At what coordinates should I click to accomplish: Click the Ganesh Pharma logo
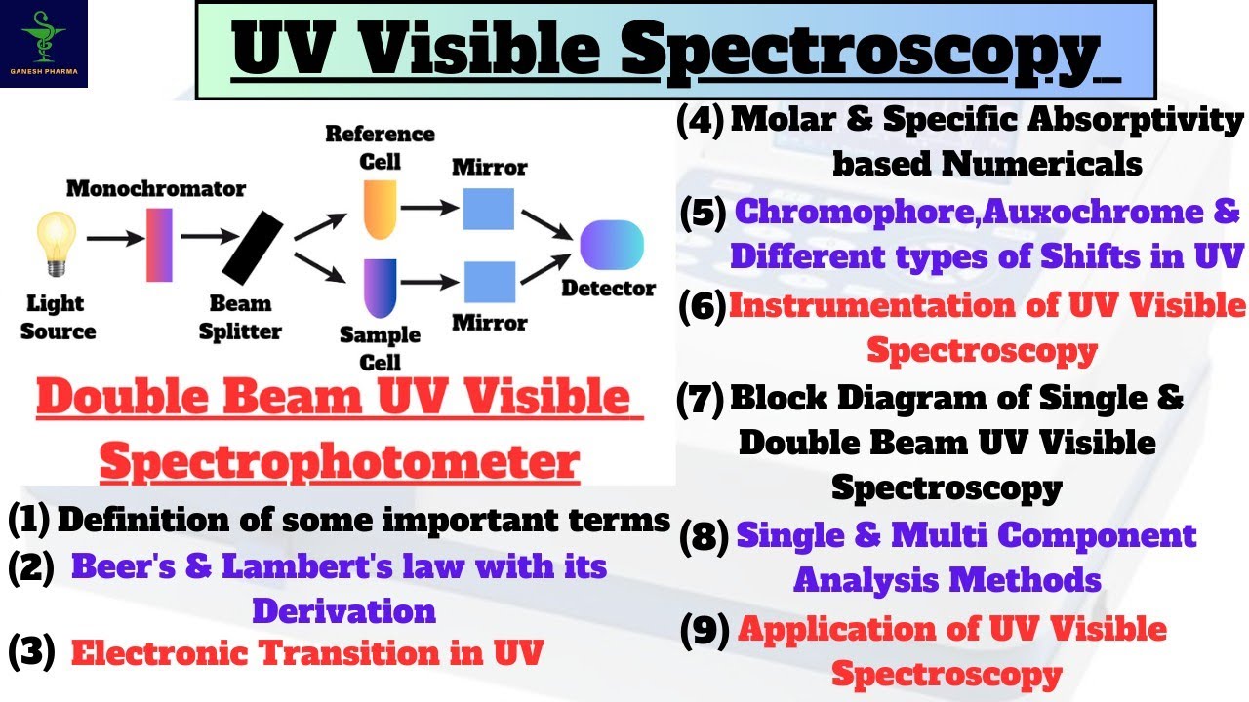(44, 44)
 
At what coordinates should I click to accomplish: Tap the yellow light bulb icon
(57, 244)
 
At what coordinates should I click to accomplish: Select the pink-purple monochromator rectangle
(159, 245)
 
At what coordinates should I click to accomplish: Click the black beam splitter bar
(253, 248)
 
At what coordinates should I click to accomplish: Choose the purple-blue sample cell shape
(381, 289)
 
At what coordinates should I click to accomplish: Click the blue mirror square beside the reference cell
(489, 209)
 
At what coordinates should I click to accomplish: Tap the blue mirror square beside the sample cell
(490, 282)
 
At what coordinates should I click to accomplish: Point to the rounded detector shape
(612, 245)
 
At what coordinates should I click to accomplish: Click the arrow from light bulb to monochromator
(115, 239)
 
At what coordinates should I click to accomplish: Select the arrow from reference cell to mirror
(429, 208)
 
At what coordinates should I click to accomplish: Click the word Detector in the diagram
(608, 289)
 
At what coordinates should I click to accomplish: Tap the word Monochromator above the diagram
(156, 189)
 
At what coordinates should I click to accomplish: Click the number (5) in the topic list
(704, 214)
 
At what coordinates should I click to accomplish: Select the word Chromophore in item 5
(857, 213)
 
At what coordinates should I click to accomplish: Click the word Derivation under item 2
(344, 610)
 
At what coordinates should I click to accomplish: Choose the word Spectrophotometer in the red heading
(340, 462)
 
